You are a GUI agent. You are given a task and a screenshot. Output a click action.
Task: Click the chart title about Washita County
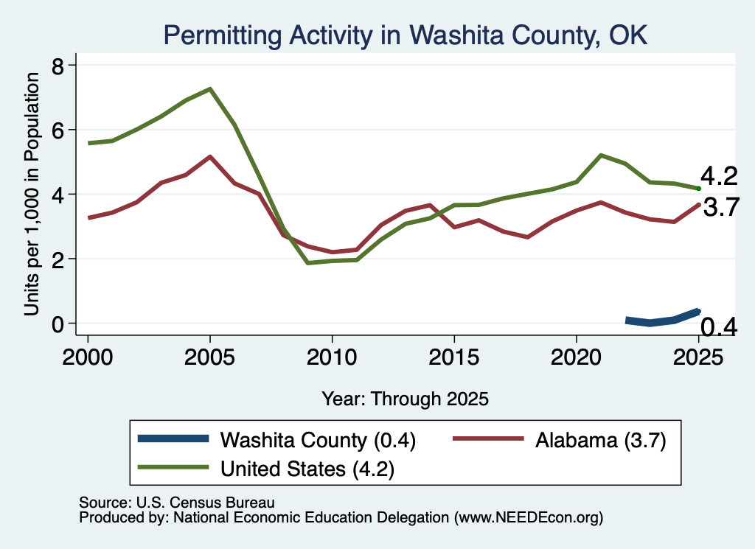(x=406, y=35)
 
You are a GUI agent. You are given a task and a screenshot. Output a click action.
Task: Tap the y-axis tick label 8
(x=58, y=66)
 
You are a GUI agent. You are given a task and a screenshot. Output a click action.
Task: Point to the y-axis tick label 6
(x=58, y=130)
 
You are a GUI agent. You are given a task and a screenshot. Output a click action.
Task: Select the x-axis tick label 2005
(x=209, y=357)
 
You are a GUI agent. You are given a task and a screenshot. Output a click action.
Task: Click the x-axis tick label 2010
(x=332, y=357)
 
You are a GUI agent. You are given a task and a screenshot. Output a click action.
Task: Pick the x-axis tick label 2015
(x=453, y=357)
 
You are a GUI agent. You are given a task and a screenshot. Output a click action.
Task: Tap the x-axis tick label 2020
(x=576, y=357)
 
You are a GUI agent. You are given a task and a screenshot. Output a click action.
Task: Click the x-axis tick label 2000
(x=88, y=357)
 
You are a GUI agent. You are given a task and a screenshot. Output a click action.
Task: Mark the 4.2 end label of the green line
(x=719, y=176)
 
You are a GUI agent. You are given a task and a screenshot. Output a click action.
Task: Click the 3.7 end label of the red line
(x=721, y=207)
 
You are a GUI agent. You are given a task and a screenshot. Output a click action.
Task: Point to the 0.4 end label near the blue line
(x=718, y=326)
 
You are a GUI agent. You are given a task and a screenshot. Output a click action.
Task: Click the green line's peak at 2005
(x=210, y=89)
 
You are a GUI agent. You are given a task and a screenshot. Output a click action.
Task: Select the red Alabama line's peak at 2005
(x=210, y=157)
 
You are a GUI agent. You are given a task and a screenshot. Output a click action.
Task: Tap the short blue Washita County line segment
(x=663, y=319)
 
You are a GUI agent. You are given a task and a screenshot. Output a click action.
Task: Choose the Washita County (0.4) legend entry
(x=276, y=440)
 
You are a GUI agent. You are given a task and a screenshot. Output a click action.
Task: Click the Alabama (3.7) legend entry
(x=560, y=440)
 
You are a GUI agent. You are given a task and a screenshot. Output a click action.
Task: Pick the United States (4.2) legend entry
(x=265, y=469)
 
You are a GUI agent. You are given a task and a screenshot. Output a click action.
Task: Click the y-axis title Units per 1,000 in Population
(x=32, y=194)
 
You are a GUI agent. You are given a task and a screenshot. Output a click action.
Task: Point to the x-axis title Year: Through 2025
(x=405, y=399)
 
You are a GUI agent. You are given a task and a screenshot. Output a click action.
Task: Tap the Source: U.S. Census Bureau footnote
(x=177, y=503)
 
